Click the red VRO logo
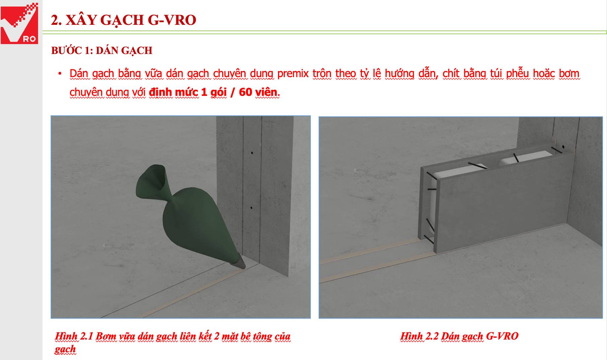coord(19,23)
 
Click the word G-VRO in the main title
coord(172,20)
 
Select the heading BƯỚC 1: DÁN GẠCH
coord(102,51)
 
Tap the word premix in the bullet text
coord(293,73)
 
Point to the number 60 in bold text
coord(245,92)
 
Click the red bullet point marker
coord(60,73)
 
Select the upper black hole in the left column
coord(252,153)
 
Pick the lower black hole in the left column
coord(251,208)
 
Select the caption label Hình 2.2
coord(419,336)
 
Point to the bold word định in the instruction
coord(160,92)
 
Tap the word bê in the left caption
coord(246,336)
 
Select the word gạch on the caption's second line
coord(65,349)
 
